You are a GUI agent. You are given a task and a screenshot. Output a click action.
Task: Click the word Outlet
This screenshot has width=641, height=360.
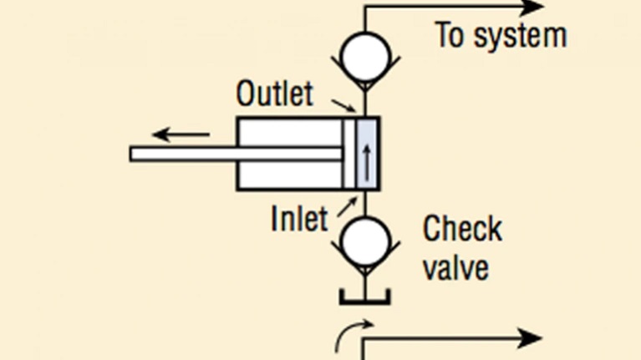(275, 94)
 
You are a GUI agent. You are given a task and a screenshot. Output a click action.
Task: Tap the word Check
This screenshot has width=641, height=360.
(462, 229)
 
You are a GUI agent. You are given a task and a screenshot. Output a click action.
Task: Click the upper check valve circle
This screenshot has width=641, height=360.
(363, 54)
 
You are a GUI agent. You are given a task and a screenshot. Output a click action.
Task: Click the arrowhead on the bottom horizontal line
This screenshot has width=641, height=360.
(532, 339)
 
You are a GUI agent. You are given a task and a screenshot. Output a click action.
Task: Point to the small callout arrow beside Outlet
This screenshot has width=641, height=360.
(343, 105)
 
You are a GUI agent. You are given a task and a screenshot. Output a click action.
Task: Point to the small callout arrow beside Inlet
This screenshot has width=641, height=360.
(348, 205)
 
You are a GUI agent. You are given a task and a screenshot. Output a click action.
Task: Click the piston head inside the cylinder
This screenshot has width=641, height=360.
(348, 154)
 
